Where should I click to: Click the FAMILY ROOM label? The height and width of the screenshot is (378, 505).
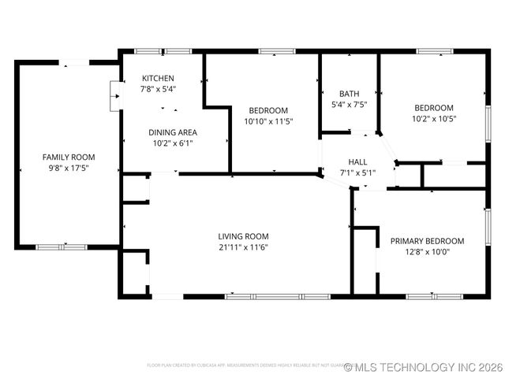coord(65,157)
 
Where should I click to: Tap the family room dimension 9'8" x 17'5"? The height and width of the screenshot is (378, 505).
coord(65,168)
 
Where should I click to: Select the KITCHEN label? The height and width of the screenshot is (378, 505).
coord(158,79)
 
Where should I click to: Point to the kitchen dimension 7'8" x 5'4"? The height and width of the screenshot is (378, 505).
coord(158,90)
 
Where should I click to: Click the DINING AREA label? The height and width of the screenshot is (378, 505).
coord(173,132)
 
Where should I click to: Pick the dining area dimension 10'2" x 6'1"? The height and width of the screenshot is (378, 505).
coord(173,143)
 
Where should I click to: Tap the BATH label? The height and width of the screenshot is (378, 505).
coord(349,93)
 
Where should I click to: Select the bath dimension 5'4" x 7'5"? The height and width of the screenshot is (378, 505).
coord(349,104)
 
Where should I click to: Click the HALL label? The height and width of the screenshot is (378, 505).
coord(358,161)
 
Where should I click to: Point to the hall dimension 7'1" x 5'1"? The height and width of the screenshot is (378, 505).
coord(358,172)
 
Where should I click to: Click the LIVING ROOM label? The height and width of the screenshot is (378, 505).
coord(244,236)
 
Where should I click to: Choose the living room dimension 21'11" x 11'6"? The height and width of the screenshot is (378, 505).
coord(244,247)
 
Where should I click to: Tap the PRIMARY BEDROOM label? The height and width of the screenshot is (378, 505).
coord(427,241)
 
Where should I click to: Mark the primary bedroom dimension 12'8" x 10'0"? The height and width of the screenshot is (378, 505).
coord(427,252)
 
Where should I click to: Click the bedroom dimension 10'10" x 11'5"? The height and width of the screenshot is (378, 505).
coord(268,122)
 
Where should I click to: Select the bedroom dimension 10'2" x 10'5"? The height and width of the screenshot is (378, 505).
coord(434,119)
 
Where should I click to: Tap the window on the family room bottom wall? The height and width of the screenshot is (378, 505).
coord(62,247)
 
